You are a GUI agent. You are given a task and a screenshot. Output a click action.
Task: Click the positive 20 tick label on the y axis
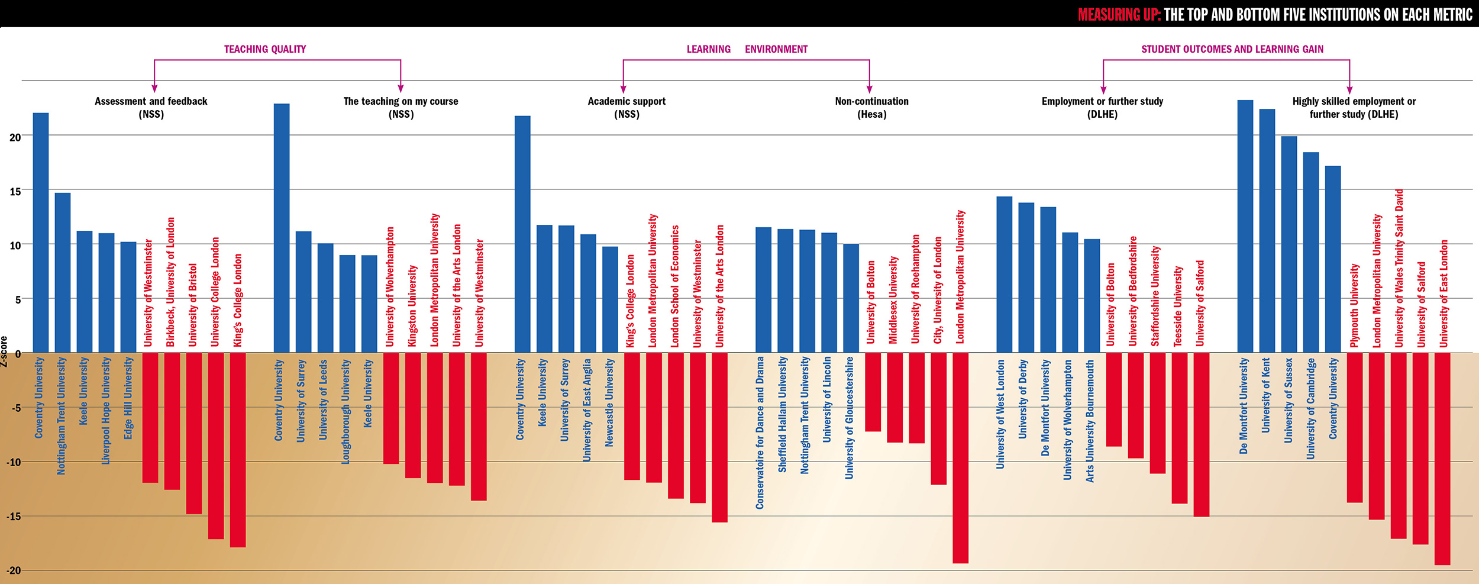(15, 137)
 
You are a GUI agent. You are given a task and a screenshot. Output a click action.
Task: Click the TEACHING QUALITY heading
(265, 49)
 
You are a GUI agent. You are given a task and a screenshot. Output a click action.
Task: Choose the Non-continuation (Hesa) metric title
(871, 108)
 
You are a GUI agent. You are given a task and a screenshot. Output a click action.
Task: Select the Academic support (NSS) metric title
(627, 108)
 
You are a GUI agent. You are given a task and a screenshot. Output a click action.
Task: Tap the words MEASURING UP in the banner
(1119, 15)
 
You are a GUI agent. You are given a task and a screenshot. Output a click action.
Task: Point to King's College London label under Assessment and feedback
(238, 300)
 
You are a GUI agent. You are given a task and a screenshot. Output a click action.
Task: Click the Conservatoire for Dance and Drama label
(760, 433)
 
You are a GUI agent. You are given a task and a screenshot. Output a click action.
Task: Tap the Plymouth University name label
(1355, 305)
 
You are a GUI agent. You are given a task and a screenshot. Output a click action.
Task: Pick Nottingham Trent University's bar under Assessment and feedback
(63, 273)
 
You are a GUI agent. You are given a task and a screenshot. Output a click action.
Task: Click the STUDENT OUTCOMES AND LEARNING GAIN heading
(1232, 49)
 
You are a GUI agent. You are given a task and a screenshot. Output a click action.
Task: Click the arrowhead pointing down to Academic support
(623, 89)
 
